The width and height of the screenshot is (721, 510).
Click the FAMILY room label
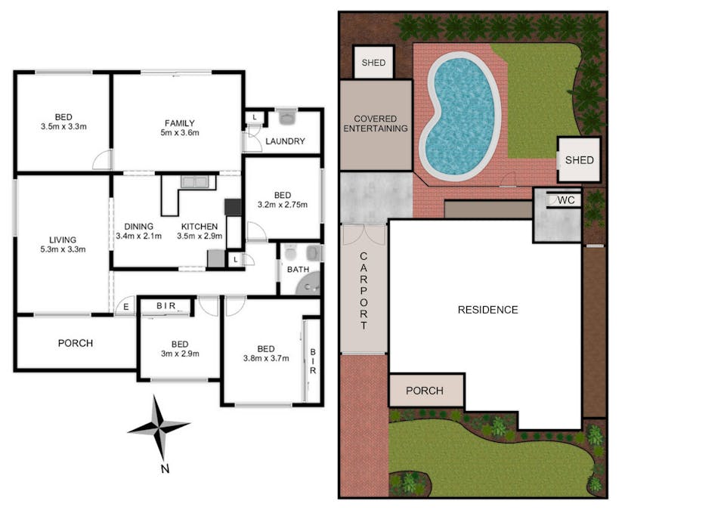point(179,123)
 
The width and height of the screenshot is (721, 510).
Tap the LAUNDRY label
point(285,141)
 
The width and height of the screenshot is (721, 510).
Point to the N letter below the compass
point(165,469)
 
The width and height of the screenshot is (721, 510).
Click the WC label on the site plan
point(566,200)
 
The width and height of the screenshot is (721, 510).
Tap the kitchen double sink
point(194,182)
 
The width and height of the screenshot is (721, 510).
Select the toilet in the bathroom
point(291,253)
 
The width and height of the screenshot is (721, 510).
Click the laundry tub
point(287,117)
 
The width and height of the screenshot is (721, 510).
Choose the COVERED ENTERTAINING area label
point(376,124)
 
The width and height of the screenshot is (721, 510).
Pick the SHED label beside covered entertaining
point(373,63)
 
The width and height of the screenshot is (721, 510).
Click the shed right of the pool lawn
point(579,159)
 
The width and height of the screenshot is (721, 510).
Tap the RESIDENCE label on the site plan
point(488,310)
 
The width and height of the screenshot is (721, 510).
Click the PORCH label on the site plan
point(425,391)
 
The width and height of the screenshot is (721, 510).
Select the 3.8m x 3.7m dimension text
point(266,358)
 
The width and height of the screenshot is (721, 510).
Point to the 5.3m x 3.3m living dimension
point(63,249)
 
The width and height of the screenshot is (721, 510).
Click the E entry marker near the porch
point(125,307)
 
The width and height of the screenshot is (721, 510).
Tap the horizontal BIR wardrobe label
point(166,306)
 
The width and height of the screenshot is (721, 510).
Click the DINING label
point(138,226)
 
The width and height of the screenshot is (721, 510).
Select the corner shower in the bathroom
point(308,285)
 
